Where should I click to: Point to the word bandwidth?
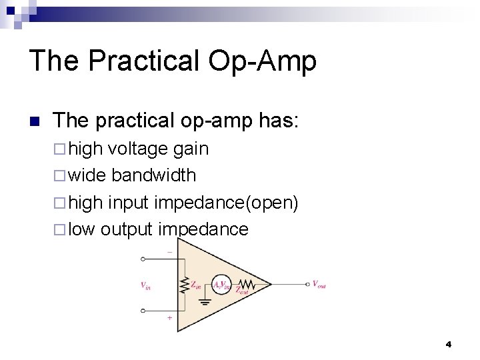click(154, 175)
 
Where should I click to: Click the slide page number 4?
click(448, 344)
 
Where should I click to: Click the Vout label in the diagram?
click(319, 284)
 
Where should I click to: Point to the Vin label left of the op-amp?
click(145, 285)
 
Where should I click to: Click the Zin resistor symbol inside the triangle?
click(184, 285)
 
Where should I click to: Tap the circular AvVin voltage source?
click(221, 285)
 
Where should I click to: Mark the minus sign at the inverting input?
click(169, 252)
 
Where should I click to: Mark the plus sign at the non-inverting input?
click(169, 318)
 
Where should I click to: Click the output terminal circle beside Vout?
click(307, 284)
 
